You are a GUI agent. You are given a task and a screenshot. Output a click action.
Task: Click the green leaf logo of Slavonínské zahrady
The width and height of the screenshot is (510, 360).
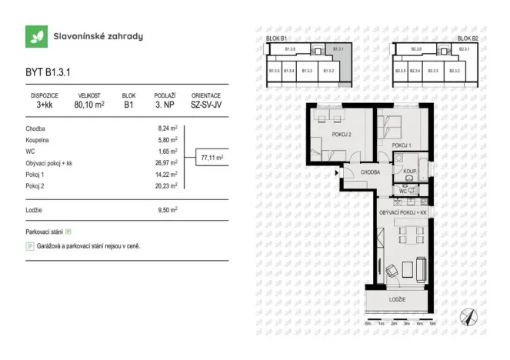35,36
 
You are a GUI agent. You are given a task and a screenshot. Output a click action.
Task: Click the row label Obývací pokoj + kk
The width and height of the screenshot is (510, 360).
50,163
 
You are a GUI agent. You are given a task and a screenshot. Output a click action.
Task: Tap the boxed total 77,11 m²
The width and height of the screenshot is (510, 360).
212,158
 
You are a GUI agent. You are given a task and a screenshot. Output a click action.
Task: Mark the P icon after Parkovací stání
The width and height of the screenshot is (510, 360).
68,231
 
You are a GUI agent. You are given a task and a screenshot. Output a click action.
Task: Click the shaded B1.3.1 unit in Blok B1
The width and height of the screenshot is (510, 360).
336,52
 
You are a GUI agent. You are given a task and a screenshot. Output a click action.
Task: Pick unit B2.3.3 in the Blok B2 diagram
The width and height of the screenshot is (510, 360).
432,72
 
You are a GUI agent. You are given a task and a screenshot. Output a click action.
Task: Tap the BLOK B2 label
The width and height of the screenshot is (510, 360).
468,38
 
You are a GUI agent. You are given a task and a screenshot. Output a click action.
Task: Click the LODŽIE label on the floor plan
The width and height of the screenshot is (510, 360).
398,298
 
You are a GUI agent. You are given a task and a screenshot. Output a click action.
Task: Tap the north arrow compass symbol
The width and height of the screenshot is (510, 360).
466,316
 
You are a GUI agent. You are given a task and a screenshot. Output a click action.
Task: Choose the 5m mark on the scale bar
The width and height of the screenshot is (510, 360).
432,324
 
